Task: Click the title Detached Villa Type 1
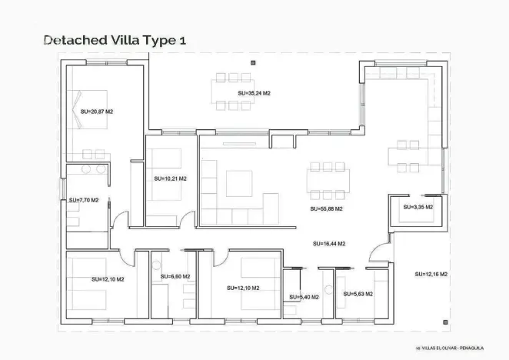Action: coord(115,40)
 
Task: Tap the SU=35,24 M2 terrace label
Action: coord(254,93)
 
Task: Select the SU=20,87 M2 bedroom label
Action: coord(97,112)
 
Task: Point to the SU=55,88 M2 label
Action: coord(326,209)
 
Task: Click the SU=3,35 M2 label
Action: coord(418,207)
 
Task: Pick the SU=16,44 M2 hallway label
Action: coord(329,244)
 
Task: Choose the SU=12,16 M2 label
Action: coord(431,274)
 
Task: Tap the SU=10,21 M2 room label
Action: coord(171,178)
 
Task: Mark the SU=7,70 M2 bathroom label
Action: coord(84,200)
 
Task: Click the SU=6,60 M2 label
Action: coord(175,276)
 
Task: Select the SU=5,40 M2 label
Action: coord(304,297)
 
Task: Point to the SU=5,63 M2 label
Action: coord(358,294)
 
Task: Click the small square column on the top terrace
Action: coord(253,63)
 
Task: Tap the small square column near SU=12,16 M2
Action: coord(445,322)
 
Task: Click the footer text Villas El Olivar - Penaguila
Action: coord(450,348)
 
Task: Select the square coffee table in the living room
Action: coord(239,184)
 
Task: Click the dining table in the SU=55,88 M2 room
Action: coord(328,181)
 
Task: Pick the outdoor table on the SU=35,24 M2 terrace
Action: coord(233,92)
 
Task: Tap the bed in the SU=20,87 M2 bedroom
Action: coord(90,109)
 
